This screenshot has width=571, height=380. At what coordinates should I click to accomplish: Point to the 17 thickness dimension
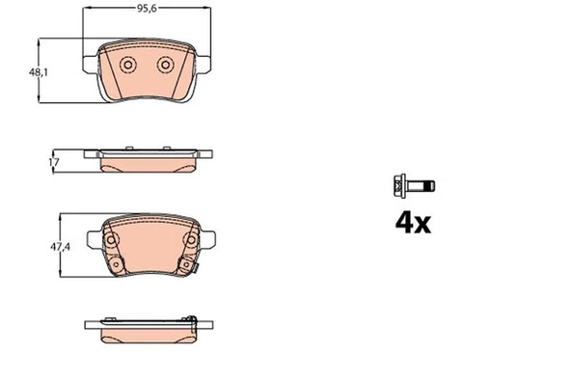point(55,163)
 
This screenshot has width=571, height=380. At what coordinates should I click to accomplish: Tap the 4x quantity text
point(412,223)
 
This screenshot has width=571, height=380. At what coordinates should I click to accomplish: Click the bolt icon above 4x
point(410,184)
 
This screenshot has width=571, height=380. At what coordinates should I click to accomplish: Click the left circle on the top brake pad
point(127,65)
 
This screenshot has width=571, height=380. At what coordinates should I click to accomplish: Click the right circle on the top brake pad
point(166,65)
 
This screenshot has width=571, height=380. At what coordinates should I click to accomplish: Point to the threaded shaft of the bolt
point(423,184)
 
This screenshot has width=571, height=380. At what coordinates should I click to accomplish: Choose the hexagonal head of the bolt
point(398,184)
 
